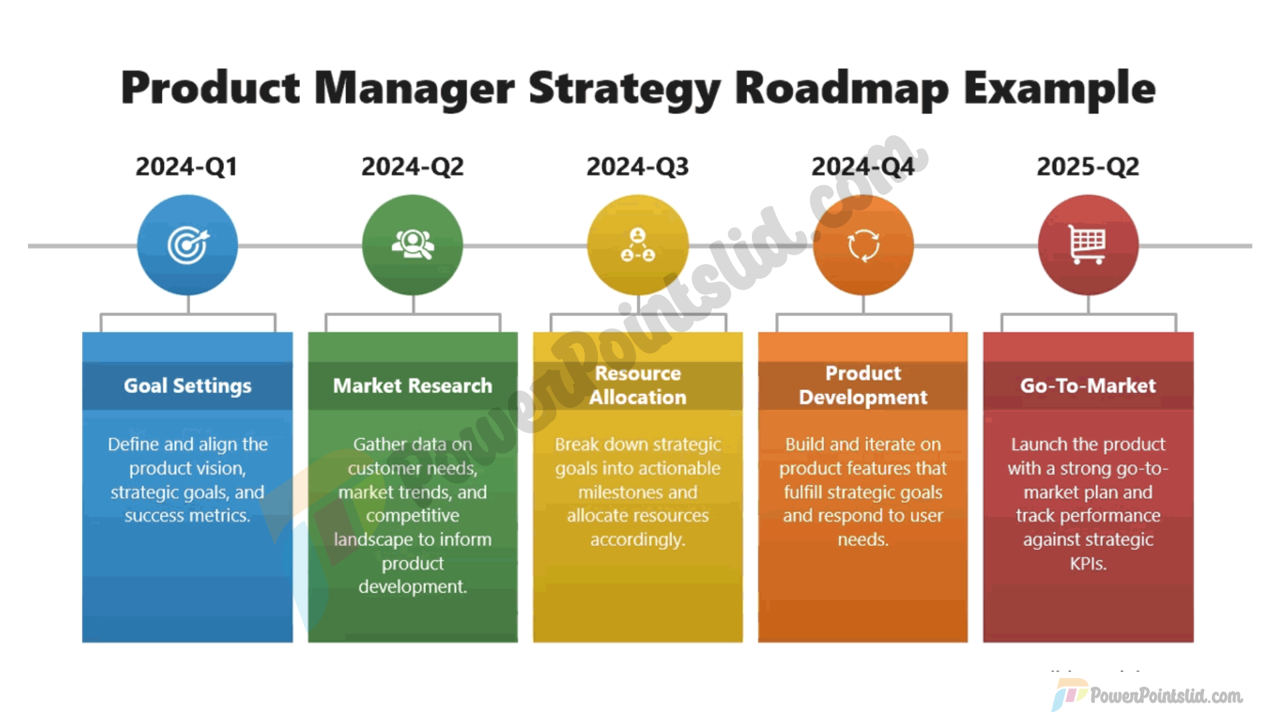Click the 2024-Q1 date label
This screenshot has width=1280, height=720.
click(x=187, y=167)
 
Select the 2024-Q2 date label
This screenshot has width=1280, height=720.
click(x=413, y=167)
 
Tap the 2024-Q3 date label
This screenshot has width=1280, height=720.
click(x=637, y=167)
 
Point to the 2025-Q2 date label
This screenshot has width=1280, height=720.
click(x=1088, y=167)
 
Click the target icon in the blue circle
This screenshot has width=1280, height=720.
click(x=188, y=245)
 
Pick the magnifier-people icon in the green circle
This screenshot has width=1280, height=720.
click(x=413, y=245)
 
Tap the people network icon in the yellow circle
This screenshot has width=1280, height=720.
click(x=638, y=245)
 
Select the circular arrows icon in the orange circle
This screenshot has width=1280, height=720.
click(x=863, y=245)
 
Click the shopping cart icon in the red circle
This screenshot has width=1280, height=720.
click(x=1088, y=245)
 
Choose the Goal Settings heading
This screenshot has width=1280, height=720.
click(x=187, y=386)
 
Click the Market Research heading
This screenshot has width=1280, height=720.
click(x=413, y=385)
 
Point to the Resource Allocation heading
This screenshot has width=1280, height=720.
click(x=638, y=385)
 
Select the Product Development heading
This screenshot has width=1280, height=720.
click(x=863, y=385)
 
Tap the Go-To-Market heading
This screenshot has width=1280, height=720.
click(x=1088, y=385)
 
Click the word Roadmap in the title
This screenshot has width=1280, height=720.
click(x=842, y=89)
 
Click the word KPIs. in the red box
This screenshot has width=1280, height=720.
click(x=1088, y=564)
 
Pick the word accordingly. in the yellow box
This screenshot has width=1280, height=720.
click(x=637, y=540)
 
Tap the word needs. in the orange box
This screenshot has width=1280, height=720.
click(x=863, y=539)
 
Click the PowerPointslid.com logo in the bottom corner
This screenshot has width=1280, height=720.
click(x=1147, y=695)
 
